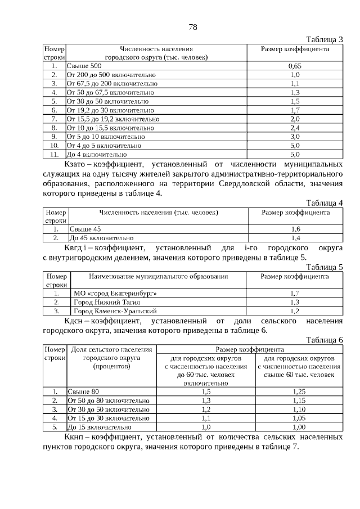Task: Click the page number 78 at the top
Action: coord(192,26)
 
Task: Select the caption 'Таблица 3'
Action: coord(324,39)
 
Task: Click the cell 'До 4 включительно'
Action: coord(96,154)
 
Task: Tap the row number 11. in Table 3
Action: coord(55,154)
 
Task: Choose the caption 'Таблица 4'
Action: coord(324,203)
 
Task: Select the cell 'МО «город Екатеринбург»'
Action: coord(116,293)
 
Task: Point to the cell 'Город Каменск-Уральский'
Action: coord(115,311)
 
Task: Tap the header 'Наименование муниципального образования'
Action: coord(158,277)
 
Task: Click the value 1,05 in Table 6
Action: coord(299,418)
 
